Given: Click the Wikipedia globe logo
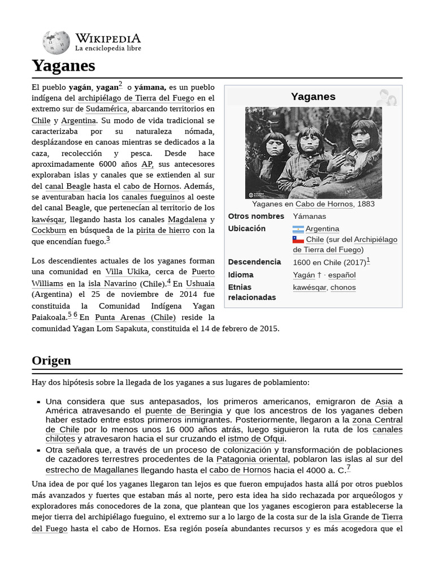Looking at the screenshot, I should point(56,42).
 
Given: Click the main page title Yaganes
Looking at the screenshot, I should point(63,66).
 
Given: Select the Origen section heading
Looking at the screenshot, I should point(51,361).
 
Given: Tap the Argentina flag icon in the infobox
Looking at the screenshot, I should point(298,229).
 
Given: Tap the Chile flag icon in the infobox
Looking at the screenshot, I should point(298,240).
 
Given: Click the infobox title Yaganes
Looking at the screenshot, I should point(313,97).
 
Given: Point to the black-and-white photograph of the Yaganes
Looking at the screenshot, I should point(313,153).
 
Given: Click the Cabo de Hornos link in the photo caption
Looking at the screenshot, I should point(324,204).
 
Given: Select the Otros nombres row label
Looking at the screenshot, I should point(256,217).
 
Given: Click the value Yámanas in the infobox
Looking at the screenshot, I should point(309,217).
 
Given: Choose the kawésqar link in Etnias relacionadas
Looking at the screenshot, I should point(309,287).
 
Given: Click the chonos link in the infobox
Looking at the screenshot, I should point(343,287).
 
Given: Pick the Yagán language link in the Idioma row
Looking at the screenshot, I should point(303,275).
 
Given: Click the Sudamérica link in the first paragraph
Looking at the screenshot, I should point(107,109).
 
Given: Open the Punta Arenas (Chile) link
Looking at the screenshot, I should point(135,317).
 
